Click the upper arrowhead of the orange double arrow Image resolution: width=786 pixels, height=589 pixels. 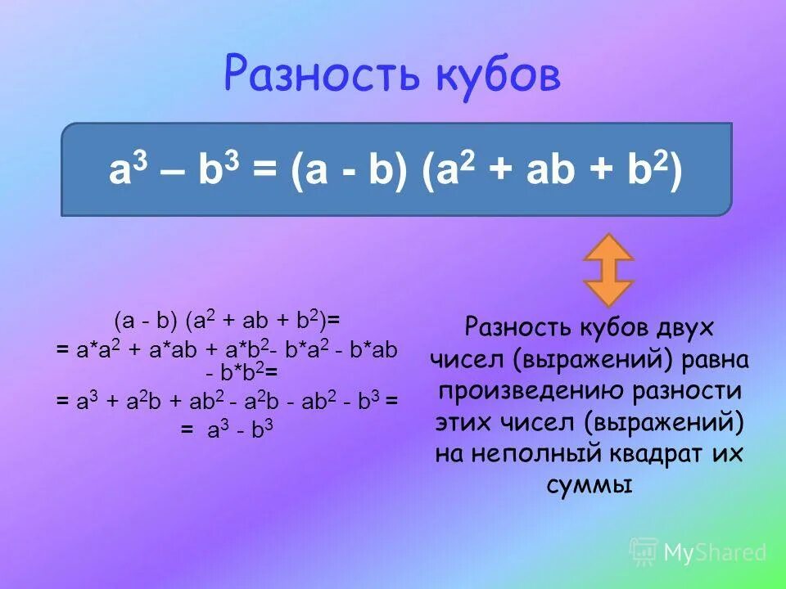(x=608, y=247)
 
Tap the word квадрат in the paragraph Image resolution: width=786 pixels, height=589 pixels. (x=662, y=454)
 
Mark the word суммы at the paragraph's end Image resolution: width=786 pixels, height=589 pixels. (x=589, y=485)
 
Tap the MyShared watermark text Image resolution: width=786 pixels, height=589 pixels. (x=715, y=553)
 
